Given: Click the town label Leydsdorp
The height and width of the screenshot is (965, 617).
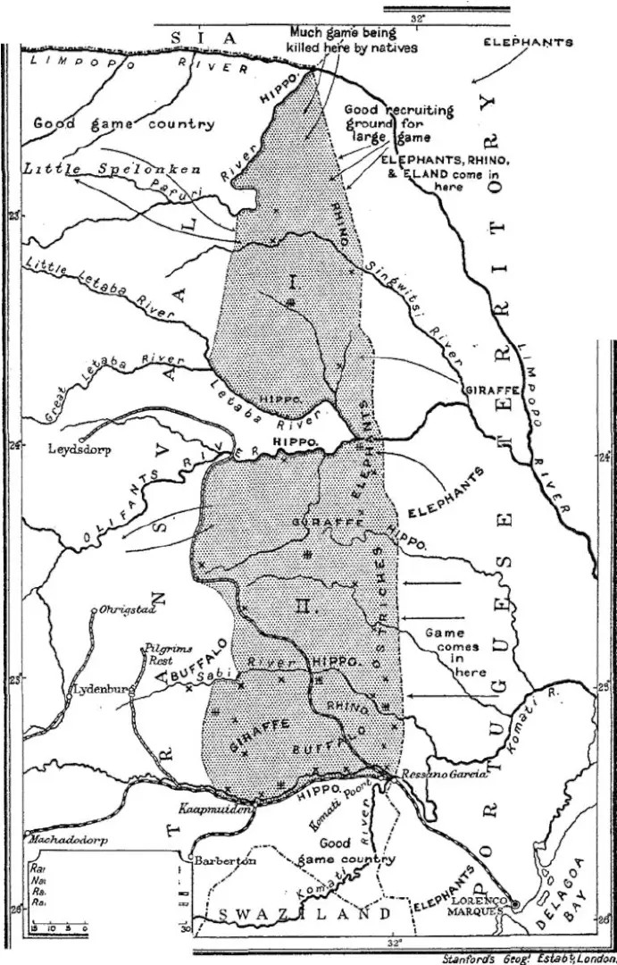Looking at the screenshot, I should (x=79, y=450).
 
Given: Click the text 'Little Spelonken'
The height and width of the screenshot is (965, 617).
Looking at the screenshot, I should (x=112, y=169).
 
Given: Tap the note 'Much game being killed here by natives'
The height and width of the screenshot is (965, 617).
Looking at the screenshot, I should (x=351, y=40).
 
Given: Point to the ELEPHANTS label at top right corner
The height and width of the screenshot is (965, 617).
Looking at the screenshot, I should (x=527, y=41).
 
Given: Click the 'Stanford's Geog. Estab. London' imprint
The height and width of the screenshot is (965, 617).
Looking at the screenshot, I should (x=529, y=958).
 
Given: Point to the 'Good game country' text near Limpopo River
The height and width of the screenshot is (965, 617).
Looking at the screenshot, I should (x=123, y=124).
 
